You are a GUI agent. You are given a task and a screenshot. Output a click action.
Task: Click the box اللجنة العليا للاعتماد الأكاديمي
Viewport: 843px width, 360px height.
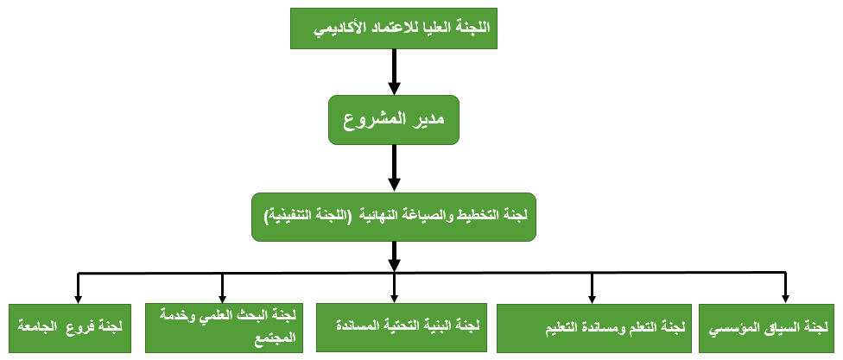pyautogui.click(x=394, y=28)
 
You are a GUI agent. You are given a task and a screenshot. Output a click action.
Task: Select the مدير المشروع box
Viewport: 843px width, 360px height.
pyautogui.click(x=394, y=120)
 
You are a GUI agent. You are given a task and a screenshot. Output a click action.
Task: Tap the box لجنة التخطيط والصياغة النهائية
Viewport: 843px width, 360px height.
pyautogui.click(x=394, y=217)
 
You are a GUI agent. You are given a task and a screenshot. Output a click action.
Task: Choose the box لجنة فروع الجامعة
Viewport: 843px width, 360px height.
pyautogui.click(x=70, y=328)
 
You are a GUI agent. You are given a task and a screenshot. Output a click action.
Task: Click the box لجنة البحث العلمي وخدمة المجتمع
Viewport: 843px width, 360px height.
pyautogui.click(x=225, y=328)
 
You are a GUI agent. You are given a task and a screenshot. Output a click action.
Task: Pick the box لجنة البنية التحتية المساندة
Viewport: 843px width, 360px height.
pyautogui.click(x=402, y=326)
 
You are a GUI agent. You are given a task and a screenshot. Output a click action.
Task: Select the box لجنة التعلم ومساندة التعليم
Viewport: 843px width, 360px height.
pyautogui.click(x=594, y=328)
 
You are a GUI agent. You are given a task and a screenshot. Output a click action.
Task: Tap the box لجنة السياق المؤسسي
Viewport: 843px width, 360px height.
pyautogui.click(x=770, y=328)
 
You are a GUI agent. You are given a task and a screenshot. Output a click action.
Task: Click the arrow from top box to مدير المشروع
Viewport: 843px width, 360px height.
pyautogui.click(x=394, y=72)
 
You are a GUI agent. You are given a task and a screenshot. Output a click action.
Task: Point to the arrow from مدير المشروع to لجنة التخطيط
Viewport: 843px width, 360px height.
pyautogui.click(x=394, y=168)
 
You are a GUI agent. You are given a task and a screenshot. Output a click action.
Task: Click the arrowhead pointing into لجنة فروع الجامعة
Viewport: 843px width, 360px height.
pyautogui.click(x=78, y=299)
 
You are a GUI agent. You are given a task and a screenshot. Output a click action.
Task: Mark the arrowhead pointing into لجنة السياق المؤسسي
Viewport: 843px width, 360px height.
pyautogui.click(x=785, y=299)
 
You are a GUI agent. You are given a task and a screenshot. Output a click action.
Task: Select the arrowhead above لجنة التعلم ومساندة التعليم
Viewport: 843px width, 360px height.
pyautogui.click(x=592, y=299)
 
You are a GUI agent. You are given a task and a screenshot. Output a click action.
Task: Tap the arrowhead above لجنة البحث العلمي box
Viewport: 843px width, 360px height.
pyautogui.click(x=221, y=299)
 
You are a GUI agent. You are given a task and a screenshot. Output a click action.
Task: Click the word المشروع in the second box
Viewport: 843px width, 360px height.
pyautogui.click(x=374, y=120)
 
